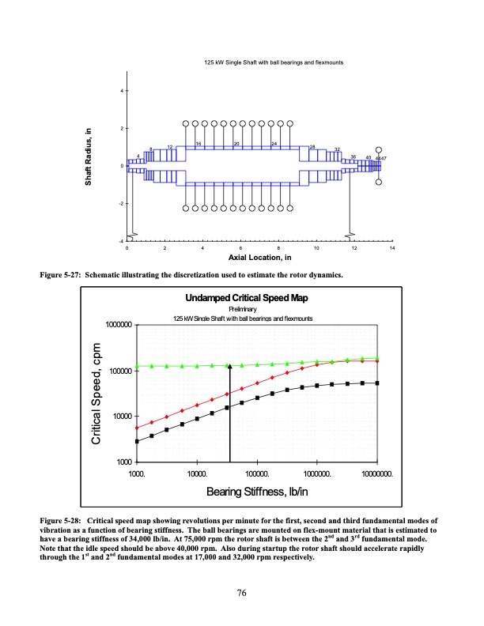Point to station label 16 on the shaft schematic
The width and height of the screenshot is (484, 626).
199,144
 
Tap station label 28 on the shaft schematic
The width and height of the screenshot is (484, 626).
312,147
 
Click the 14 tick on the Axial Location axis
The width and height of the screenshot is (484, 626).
392,249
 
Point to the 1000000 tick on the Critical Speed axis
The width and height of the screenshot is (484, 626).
115,325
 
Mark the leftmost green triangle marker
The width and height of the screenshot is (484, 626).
138,366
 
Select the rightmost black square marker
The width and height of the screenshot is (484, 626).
376,383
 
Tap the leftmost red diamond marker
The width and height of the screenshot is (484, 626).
138,428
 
